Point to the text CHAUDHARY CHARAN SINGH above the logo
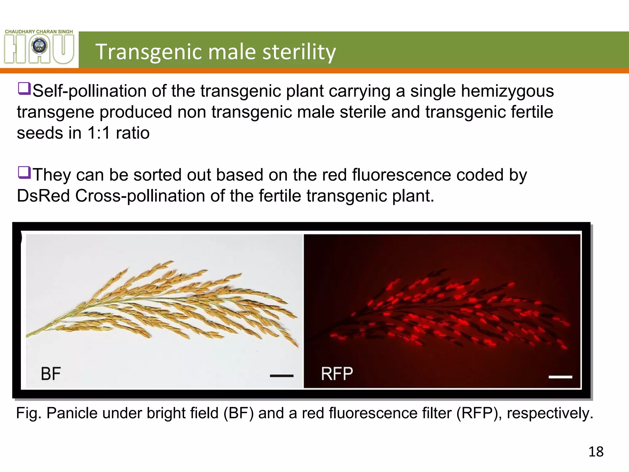pyautogui.click(x=39, y=31)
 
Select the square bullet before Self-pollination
pyautogui.click(x=24, y=88)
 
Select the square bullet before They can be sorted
pyautogui.click(x=24, y=172)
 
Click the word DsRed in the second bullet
pyautogui.click(x=43, y=196)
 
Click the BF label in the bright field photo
pyautogui.click(x=51, y=374)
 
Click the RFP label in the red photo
pyautogui.click(x=337, y=374)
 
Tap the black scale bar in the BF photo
pyautogui.click(x=282, y=376)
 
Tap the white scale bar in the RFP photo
pyautogui.click(x=560, y=377)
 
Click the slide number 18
pyautogui.click(x=596, y=452)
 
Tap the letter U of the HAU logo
pyautogui.click(x=63, y=49)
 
